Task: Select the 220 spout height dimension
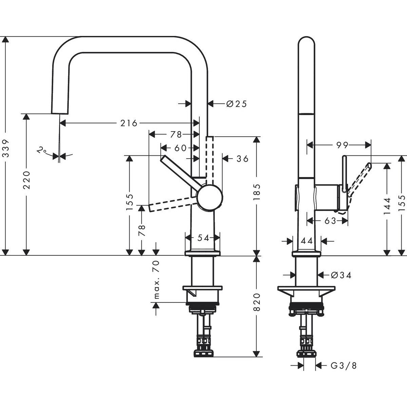click(27, 180)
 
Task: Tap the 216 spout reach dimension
click(129, 123)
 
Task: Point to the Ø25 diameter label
click(236, 104)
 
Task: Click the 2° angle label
click(42, 150)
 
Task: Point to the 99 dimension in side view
click(342, 145)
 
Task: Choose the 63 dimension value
click(330, 221)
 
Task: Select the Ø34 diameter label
click(341, 275)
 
